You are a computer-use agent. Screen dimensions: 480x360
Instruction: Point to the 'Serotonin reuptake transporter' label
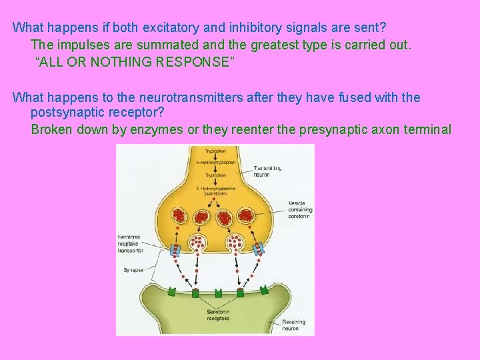coord(129,245)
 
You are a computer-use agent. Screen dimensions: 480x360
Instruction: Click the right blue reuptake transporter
coord(258,247)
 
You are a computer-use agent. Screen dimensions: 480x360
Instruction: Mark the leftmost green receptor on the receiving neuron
coord(172,291)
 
